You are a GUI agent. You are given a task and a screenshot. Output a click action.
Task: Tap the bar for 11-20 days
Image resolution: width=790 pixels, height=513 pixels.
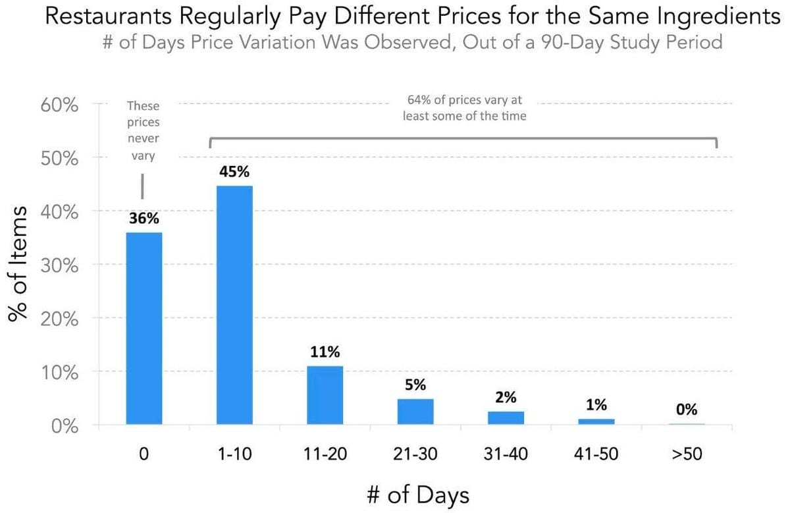pyautogui.click(x=325, y=395)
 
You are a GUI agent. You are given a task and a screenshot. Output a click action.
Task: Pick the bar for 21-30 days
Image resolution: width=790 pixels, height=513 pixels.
pyautogui.click(x=415, y=412)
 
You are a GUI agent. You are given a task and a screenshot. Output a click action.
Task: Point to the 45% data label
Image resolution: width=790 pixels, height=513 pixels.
pyautogui.click(x=234, y=172)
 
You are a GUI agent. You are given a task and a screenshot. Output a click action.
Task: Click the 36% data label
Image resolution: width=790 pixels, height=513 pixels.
pyautogui.click(x=144, y=219)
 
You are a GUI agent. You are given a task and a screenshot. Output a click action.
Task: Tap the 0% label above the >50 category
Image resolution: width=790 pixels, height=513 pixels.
pyautogui.click(x=686, y=410)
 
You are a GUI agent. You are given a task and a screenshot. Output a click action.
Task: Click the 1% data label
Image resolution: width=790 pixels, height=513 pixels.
pyautogui.click(x=596, y=404)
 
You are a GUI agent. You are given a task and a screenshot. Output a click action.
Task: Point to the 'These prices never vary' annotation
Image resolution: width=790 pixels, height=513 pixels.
pyautogui.click(x=144, y=131)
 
